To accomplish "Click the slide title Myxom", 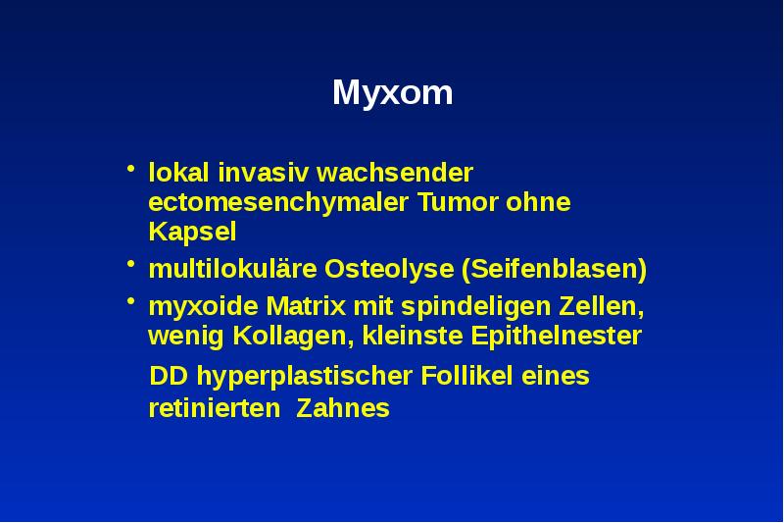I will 392,94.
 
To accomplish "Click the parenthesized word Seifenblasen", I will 555,269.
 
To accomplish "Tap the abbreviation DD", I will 165,377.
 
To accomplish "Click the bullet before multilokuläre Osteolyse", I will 129,266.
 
